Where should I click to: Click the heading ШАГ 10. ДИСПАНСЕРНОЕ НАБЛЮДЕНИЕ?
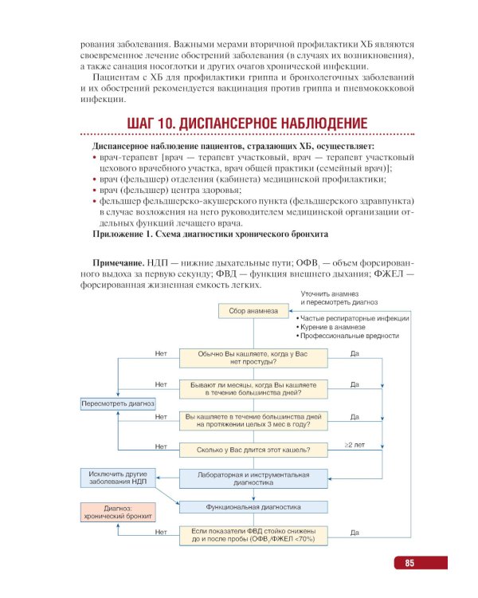(247, 124)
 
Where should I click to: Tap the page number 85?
(409, 564)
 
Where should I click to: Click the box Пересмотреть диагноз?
(117, 403)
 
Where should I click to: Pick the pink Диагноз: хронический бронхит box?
(117, 512)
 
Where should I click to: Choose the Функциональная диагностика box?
(253, 506)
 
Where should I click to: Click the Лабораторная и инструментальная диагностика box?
(253, 478)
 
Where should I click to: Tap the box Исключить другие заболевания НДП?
(117, 478)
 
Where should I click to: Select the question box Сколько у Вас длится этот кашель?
(253, 450)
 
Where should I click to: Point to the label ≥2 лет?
(355, 444)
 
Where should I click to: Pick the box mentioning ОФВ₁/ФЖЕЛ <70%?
(253, 535)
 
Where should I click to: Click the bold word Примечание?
(119, 263)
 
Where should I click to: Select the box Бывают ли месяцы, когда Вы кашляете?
(253, 388)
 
